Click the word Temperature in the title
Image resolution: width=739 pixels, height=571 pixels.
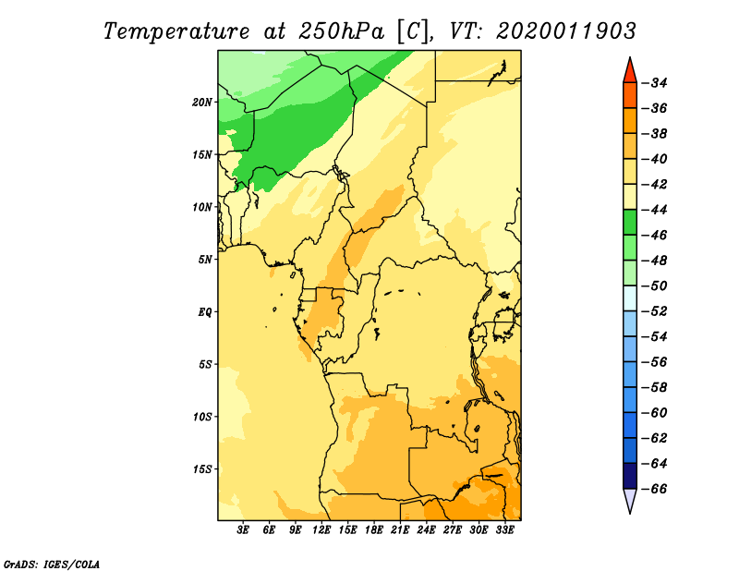[176, 31]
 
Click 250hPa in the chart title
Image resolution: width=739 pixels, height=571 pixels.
[342, 31]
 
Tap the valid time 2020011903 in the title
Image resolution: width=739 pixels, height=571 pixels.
[566, 31]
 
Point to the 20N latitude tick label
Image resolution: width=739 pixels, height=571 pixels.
[202, 103]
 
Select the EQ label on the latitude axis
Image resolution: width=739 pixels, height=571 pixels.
[204, 312]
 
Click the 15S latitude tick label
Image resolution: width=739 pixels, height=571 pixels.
[202, 469]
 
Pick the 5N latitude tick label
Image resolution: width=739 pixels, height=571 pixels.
[205, 260]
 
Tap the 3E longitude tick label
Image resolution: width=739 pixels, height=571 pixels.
[243, 530]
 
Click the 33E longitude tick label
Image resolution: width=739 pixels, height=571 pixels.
[504, 530]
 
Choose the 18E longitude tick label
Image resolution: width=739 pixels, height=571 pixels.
[374, 530]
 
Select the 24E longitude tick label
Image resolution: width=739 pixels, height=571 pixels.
[426, 530]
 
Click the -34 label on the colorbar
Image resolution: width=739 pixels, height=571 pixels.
[656, 83]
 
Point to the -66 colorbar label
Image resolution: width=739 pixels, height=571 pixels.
[656, 489]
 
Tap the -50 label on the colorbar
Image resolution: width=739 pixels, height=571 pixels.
[656, 285]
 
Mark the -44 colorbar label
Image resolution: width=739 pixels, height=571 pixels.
[656, 210]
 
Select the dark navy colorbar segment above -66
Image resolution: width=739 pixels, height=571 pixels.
[630, 476]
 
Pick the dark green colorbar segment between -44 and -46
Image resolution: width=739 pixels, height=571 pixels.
[630, 222]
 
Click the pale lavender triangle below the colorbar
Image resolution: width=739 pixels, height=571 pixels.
[630, 499]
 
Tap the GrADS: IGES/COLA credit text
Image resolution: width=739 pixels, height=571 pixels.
[52, 564]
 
